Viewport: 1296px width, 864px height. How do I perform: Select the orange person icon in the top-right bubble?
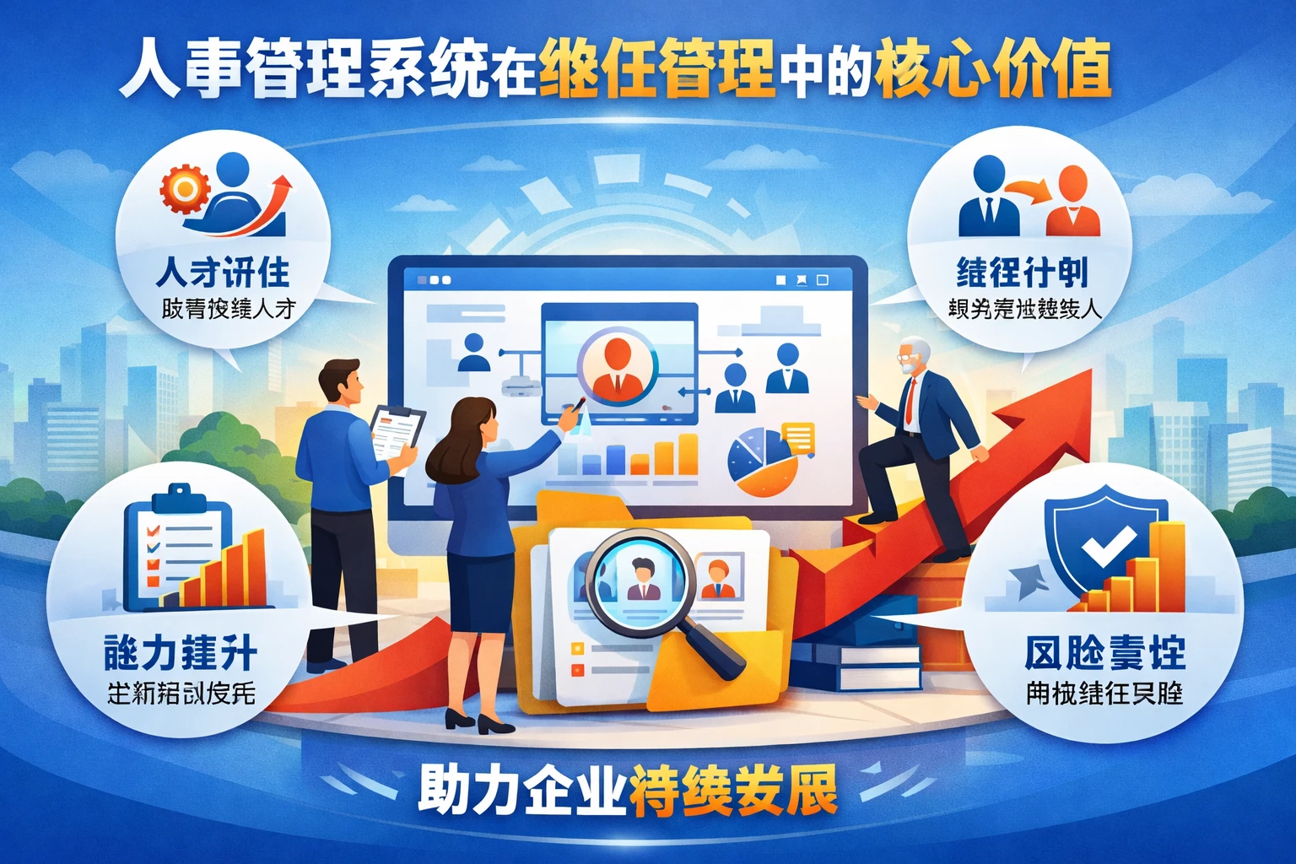pos(1072,202)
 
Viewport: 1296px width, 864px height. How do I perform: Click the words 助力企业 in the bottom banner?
pos(521,791)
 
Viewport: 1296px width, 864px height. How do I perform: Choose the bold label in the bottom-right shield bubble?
pos(1104,653)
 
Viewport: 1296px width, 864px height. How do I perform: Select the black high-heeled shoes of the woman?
pos(477,721)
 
